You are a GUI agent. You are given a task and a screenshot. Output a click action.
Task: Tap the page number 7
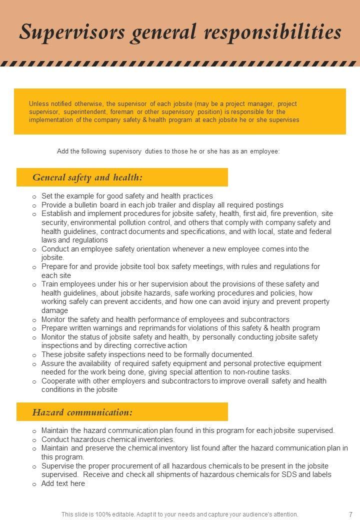coord(351,514)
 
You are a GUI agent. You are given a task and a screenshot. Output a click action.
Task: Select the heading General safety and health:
coord(87,177)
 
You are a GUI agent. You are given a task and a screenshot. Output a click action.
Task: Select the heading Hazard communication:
coord(82,412)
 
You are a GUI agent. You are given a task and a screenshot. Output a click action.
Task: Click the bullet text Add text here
coord(63,483)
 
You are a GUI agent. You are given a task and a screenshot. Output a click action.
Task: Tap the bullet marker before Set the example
coord(34,196)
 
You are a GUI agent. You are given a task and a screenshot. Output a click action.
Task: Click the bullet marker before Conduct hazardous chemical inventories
coord(34,440)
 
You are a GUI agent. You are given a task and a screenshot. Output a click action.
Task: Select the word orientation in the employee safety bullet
coord(168,249)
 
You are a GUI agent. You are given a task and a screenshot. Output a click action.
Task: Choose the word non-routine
coord(247,372)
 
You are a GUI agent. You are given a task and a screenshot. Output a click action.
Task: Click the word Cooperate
coord(59,381)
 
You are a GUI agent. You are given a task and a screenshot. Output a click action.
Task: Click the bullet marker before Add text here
coord(34,484)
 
